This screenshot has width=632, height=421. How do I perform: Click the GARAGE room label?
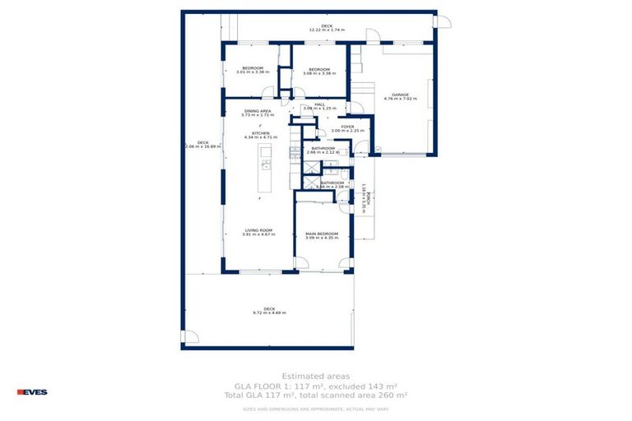(x=401, y=95)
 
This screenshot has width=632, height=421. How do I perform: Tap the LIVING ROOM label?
(x=258, y=230)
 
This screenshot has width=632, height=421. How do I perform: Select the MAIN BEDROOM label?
(x=322, y=233)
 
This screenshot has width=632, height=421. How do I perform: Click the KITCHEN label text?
(x=261, y=132)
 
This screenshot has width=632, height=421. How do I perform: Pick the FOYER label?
(x=347, y=127)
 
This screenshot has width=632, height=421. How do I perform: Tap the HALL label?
(x=319, y=104)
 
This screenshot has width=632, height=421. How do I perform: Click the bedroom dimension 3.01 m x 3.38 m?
(x=252, y=72)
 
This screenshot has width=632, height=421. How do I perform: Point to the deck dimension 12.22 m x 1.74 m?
(x=327, y=30)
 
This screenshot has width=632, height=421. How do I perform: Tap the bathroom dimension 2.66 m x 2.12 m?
(x=322, y=152)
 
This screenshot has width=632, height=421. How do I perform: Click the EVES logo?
(x=32, y=391)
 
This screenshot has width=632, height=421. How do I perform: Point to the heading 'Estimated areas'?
(x=315, y=376)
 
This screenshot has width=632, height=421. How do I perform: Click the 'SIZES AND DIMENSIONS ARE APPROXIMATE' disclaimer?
(x=315, y=409)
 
